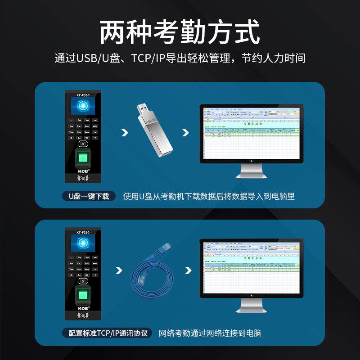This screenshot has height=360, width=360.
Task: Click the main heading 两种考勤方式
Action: (x=180, y=32)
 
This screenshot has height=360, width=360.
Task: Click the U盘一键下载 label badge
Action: (x=89, y=196)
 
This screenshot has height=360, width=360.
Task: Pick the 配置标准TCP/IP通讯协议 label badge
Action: (x=108, y=333)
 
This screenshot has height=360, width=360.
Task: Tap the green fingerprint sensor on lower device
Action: (x=84, y=295)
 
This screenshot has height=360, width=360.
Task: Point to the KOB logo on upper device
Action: (x=84, y=171)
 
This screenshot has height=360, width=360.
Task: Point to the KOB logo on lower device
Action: (x=84, y=308)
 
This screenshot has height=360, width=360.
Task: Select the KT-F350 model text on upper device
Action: (x=83, y=95)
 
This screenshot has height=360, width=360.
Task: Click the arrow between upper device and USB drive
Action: (x=125, y=133)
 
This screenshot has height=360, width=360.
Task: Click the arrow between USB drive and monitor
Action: (x=185, y=133)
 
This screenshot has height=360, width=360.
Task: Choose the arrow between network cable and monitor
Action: (x=185, y=270)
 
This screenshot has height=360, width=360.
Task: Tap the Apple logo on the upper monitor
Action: (x=252, y=160)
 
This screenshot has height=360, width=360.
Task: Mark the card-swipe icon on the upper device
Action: (x=84, y=179)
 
